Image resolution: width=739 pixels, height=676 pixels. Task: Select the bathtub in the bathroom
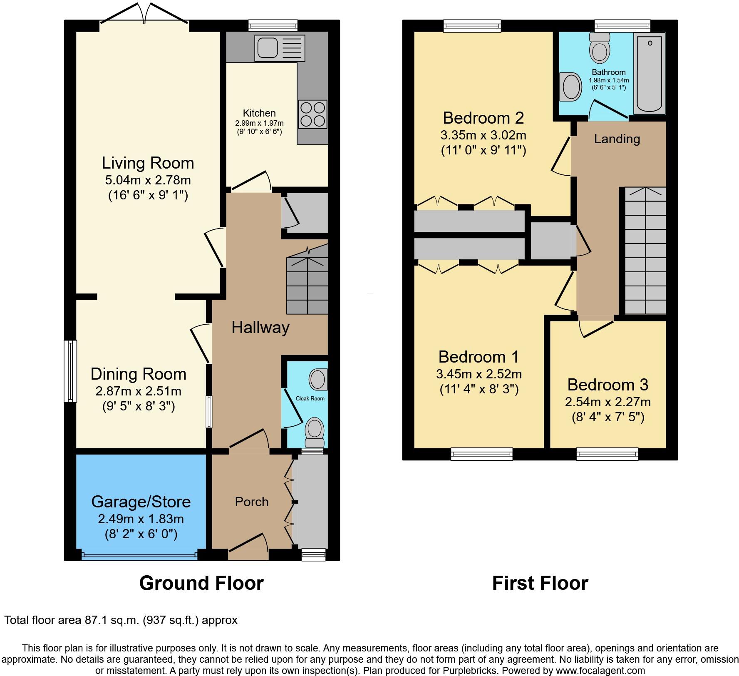649,74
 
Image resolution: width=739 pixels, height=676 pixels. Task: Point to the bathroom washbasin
571,87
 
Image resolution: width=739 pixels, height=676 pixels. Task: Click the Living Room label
148,163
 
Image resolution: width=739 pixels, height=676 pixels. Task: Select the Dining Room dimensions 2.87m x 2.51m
139,391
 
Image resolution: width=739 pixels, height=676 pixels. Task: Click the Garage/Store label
141,502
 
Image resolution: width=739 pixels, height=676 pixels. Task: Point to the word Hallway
260,327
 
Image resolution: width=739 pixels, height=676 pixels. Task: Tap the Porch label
252,502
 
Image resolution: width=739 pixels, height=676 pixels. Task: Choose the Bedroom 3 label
608,385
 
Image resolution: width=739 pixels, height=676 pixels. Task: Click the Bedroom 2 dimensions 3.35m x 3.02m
484,135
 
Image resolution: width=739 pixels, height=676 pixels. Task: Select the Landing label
617,139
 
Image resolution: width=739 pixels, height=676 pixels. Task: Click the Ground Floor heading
201,583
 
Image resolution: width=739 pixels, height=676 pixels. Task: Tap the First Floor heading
540,583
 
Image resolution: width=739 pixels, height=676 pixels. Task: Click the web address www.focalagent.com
599,671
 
